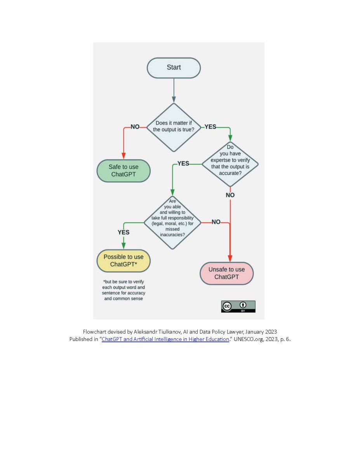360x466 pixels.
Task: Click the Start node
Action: [174, 68]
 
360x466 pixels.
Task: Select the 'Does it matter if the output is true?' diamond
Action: [174, 127]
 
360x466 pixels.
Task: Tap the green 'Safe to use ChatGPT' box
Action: [123, 171]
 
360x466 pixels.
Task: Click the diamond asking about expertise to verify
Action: [230, 163]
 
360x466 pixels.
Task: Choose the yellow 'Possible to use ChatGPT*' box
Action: [123, 261]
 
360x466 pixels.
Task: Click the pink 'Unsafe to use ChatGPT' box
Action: [227, 273]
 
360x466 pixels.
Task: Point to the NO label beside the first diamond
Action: [135, 127]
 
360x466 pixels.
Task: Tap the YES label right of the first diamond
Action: [210, 127]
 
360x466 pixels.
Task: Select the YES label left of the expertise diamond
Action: [183, 163]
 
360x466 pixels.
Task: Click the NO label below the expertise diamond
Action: [230, 195]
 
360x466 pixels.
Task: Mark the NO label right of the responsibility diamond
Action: [216, 222]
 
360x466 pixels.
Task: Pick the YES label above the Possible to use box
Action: [123, 232]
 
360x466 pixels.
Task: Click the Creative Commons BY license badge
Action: [238, 306]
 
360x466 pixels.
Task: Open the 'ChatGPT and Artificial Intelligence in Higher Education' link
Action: [165, 339]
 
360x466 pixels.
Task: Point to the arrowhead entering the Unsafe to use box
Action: [230, 259]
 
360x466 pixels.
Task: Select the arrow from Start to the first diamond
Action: [174, 90]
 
